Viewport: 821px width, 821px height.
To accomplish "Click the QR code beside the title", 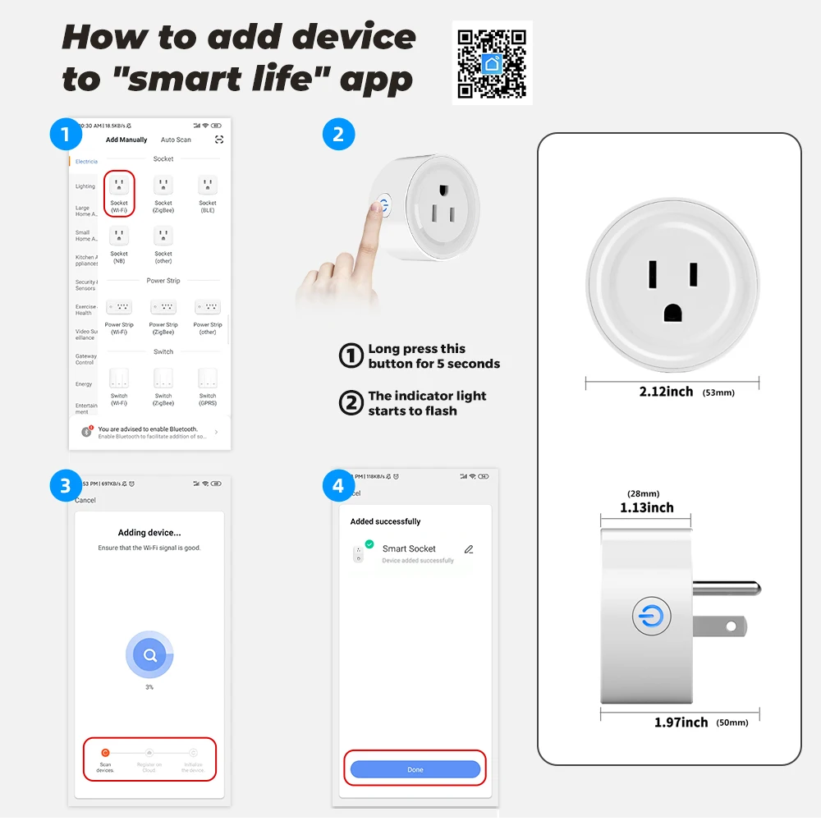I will [492, 62].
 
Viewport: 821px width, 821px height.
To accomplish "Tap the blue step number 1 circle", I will [66, 134].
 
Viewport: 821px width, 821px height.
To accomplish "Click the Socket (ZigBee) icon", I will [163, 186].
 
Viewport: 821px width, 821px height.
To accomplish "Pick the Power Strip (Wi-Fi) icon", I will [119, 307].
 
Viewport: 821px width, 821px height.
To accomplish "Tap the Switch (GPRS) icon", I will [208, 378].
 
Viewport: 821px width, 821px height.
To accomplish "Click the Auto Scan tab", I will [176, 140].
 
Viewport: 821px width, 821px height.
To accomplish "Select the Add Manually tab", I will [126, 140].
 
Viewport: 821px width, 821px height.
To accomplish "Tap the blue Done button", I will [415, 769].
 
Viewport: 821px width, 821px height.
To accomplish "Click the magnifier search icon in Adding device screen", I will [149, 655].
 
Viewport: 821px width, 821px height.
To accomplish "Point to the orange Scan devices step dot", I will [105, 752].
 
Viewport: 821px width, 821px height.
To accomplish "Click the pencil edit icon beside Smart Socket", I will [469, 549].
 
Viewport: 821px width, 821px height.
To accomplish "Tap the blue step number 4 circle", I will [338, 487].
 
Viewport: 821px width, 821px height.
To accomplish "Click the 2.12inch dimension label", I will [666, 392].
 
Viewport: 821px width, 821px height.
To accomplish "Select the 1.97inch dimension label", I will [681, 722].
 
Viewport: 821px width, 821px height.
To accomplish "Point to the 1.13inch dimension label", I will [647, 508].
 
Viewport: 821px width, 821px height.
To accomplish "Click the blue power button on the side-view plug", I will [652, 617].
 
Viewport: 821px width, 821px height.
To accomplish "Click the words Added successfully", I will [385, 521].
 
